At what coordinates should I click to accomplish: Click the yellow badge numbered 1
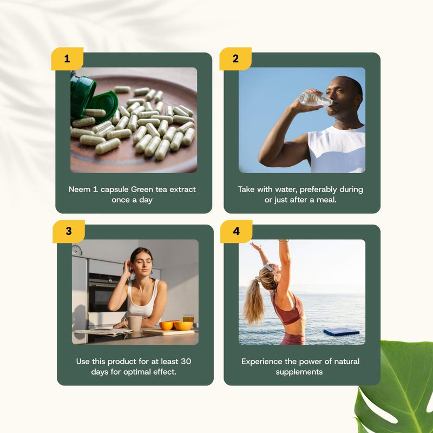[67, 58]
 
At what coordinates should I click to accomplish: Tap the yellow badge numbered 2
[235, 58]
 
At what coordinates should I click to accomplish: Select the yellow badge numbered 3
[68, 231]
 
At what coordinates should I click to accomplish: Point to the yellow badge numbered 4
[236, 231]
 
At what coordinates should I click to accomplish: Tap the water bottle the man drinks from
[315, 99]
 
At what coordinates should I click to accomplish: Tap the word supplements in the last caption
[299, 372]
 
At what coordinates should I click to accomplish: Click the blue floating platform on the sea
[341, 331]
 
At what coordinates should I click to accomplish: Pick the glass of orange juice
[188, 319]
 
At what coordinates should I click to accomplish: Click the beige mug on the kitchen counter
[135, 323]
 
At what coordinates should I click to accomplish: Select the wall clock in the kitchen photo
[77, 250]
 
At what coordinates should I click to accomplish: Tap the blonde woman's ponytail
[253, 300]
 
